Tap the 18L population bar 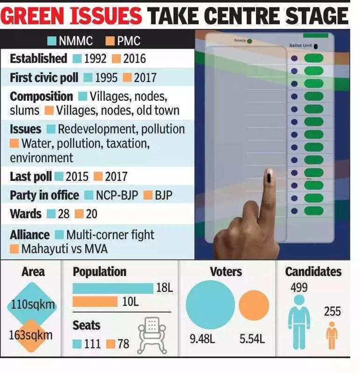pos(113,288)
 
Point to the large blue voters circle pos(210,304)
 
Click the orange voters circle pos(254,305)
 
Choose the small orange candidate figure pos(332,335)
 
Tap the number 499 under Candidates pos(299,287)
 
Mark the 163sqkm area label pos(31,336)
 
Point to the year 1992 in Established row pos(96,59)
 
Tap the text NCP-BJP pos(117,195)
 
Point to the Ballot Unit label pos(300,46)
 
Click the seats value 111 pos(92,344)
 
